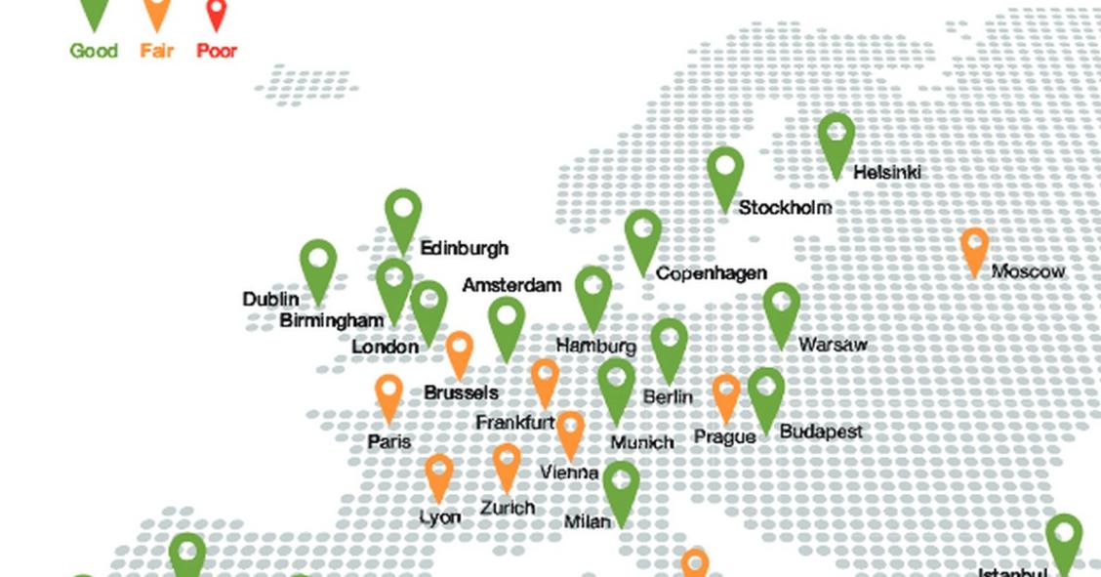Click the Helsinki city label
[886, 173]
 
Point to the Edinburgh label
[464, 248]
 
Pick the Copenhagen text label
[711, 273]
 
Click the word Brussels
[461, 392]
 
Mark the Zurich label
[507, 508]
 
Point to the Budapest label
[820, 431]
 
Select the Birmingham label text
[331, 320]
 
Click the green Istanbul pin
[1064, 541]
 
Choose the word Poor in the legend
[217, 51]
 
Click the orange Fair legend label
[156, 51]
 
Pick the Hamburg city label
[595, 346]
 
